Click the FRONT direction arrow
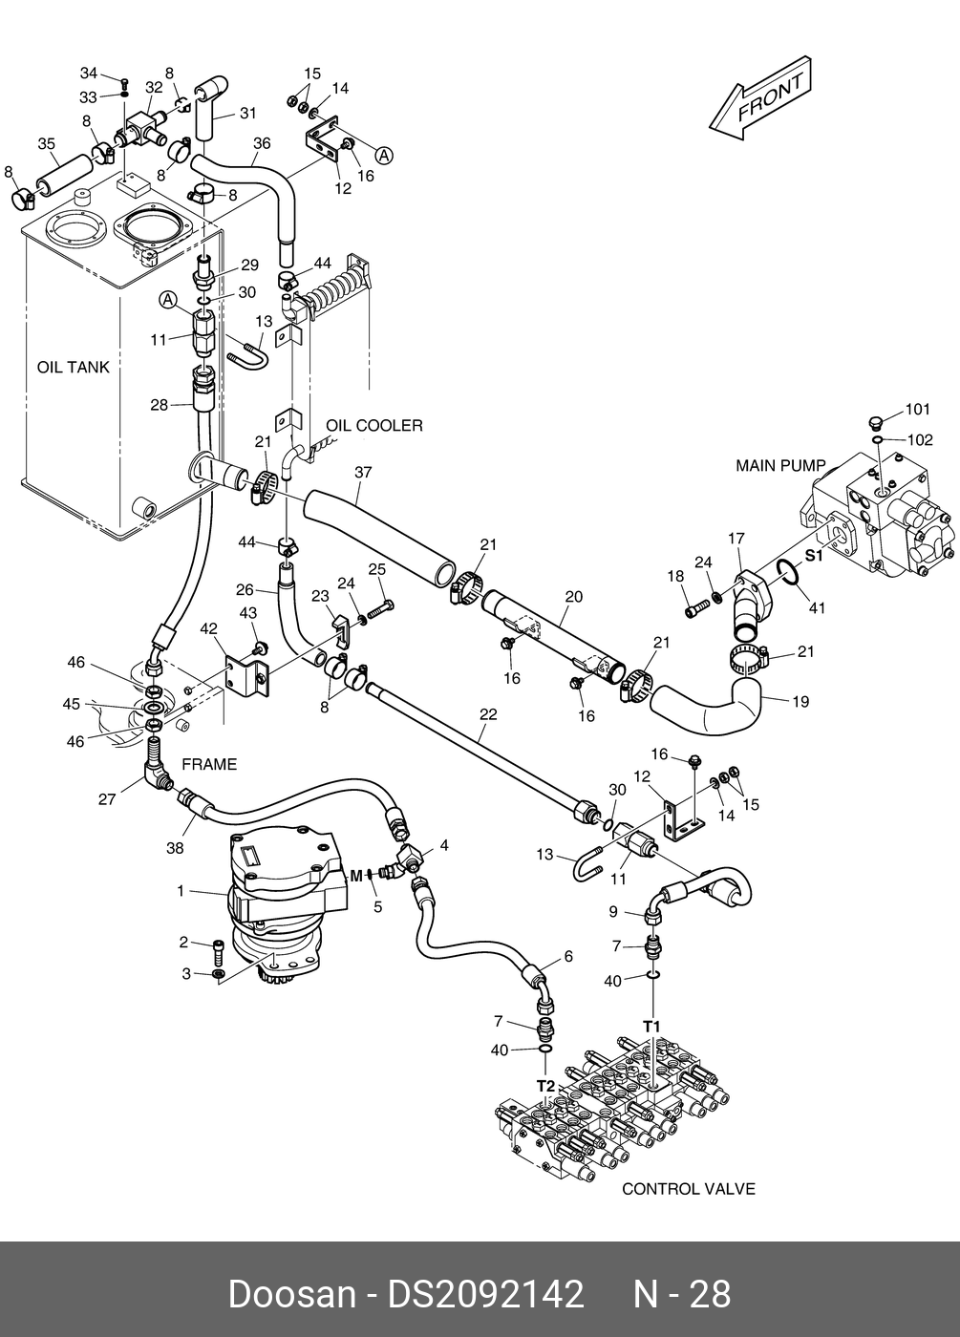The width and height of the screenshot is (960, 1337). pyautogui.click(x=760, y=97)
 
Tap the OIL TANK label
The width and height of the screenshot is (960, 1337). pyautogui.click(x=74, y=367)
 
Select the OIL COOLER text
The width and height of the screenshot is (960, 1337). pyautogui.click(x=374, y=426)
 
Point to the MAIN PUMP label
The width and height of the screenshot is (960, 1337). pyautogui.click(x=780, y=466)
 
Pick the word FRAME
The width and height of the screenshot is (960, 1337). pyautogui.click(x=209, y=765)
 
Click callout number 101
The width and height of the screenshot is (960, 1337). pyautogui.click(x=918, y=410)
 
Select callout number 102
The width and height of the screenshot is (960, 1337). pyautogui.click(x=919, y=440)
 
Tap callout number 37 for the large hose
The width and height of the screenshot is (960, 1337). pyautogui.click(x=363, y=472)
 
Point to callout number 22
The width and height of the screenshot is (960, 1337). pyautogui.click(x=488, y=714)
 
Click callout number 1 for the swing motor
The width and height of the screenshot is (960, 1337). pyautogui.click(x=181, y=891)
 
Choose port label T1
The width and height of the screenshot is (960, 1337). pyautogui.click(x=651, y=1028)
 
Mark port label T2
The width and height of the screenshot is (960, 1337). pyautogui.click(x=545, y=1087)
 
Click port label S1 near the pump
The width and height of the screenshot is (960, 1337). pyautogui.click(x=814, y=556)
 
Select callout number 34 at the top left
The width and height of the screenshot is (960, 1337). pyautogui.click(x=88, y=73)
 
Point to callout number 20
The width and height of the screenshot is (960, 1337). pyautogui.click(x=573, y=596)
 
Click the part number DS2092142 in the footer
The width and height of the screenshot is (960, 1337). pyautogui.click(x=486, y=1295)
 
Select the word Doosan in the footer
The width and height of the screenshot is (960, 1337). pyautogui.click(x=292, y=1295)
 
